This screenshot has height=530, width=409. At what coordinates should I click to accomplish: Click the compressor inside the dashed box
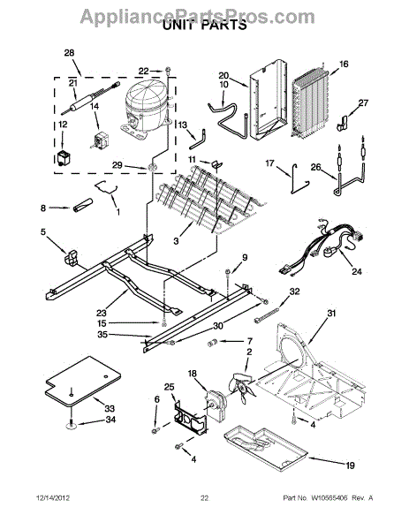145,108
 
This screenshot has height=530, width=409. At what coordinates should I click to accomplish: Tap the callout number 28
69,53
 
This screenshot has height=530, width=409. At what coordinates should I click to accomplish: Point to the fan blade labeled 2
241,388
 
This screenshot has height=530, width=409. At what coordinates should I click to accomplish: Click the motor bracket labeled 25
190,418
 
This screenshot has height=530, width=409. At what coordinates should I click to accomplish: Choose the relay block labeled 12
63,158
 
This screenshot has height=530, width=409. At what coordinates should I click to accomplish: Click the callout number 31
331,314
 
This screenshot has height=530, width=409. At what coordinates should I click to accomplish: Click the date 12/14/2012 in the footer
53,498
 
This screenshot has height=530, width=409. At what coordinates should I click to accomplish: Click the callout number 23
102,314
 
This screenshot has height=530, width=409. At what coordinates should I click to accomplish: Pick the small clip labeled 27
342,123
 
